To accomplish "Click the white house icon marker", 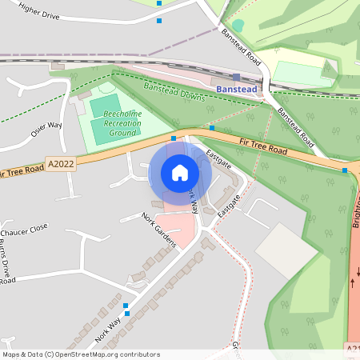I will [x=180, y=172].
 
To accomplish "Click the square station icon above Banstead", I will [x=236, y=78].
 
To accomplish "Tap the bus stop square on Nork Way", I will [x=126, y=306].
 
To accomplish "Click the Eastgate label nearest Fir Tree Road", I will [x=218, y=159].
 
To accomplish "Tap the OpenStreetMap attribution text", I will [x=81, y=354].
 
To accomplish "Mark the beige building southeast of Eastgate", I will [x=286, y=250].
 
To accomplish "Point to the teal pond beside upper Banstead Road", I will [x=238, y=26].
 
